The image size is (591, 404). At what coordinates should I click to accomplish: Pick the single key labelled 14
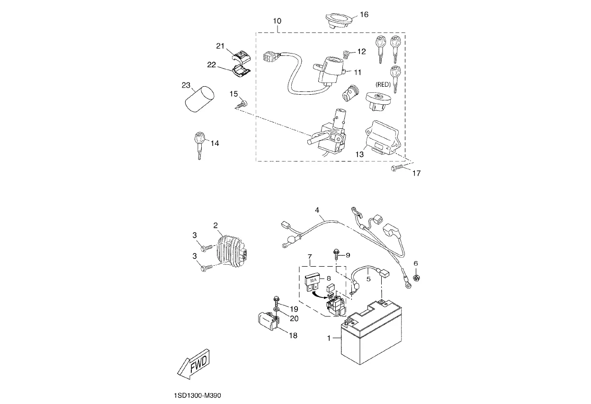point(199,145)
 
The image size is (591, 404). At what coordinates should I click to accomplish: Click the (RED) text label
point(383,84)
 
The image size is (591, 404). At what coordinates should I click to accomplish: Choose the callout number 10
point(277,21)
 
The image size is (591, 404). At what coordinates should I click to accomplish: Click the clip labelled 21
point(241,56)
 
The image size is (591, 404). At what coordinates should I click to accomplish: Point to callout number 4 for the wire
point(317,209)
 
